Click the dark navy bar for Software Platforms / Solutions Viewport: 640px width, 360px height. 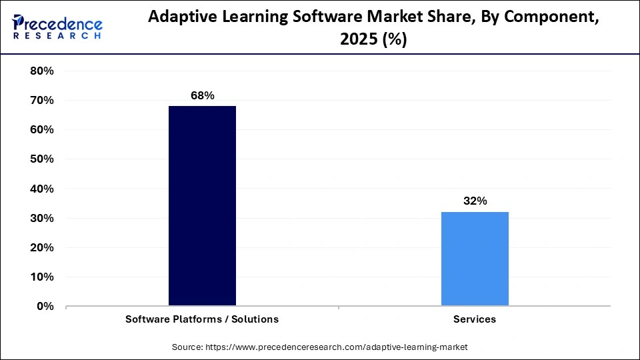(x=202, y=206)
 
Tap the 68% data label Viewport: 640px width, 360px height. (x=202, y=96)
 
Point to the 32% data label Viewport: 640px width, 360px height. (x=475, y=201)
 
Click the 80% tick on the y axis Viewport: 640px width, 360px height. (x=41, y=71)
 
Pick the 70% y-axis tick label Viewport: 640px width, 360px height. (x=41, y=101)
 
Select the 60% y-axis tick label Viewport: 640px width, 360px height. (x=41, y=130)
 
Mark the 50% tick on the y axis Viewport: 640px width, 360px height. (x=41, y=159)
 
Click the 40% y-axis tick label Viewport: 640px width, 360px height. (x=41, y=189)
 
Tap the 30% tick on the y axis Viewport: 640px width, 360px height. (x=41, y=219)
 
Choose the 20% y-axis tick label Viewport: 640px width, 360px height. (x=41, y=248)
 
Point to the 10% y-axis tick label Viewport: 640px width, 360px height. (x=41, y=277)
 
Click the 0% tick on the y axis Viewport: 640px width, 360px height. (x=45, y=307)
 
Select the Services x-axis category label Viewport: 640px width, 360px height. (x=475, y=319)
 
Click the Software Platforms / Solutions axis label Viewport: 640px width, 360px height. (x=202, y=319)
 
